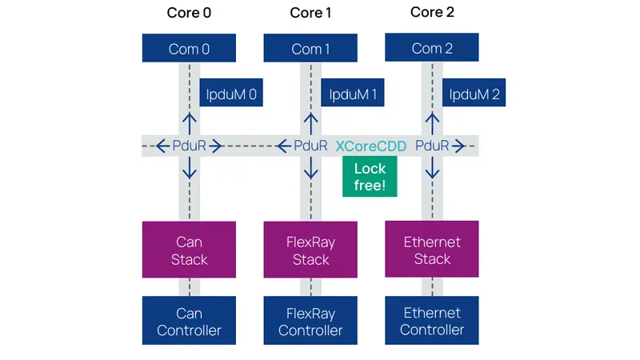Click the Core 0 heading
coord(189,13)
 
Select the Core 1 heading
coord(310,13)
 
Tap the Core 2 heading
coord(432,12)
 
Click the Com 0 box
coord(189,49)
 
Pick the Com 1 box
coord(310,49)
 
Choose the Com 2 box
coord(432,48)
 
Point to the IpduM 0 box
coord(230,95)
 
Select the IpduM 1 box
coord(352,95)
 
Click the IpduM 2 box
coord(474,95)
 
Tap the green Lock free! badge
coord(370,177)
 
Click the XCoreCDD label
coord(370,146)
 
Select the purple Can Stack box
coord(189,250)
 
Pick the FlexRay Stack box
coord(310,250)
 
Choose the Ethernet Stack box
coord(432,250)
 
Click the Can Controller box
coord(189,321)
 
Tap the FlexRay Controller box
coord(310,321)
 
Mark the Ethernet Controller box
coord(432,321)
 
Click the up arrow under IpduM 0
coord(189,122)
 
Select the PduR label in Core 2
coord(432,146)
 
